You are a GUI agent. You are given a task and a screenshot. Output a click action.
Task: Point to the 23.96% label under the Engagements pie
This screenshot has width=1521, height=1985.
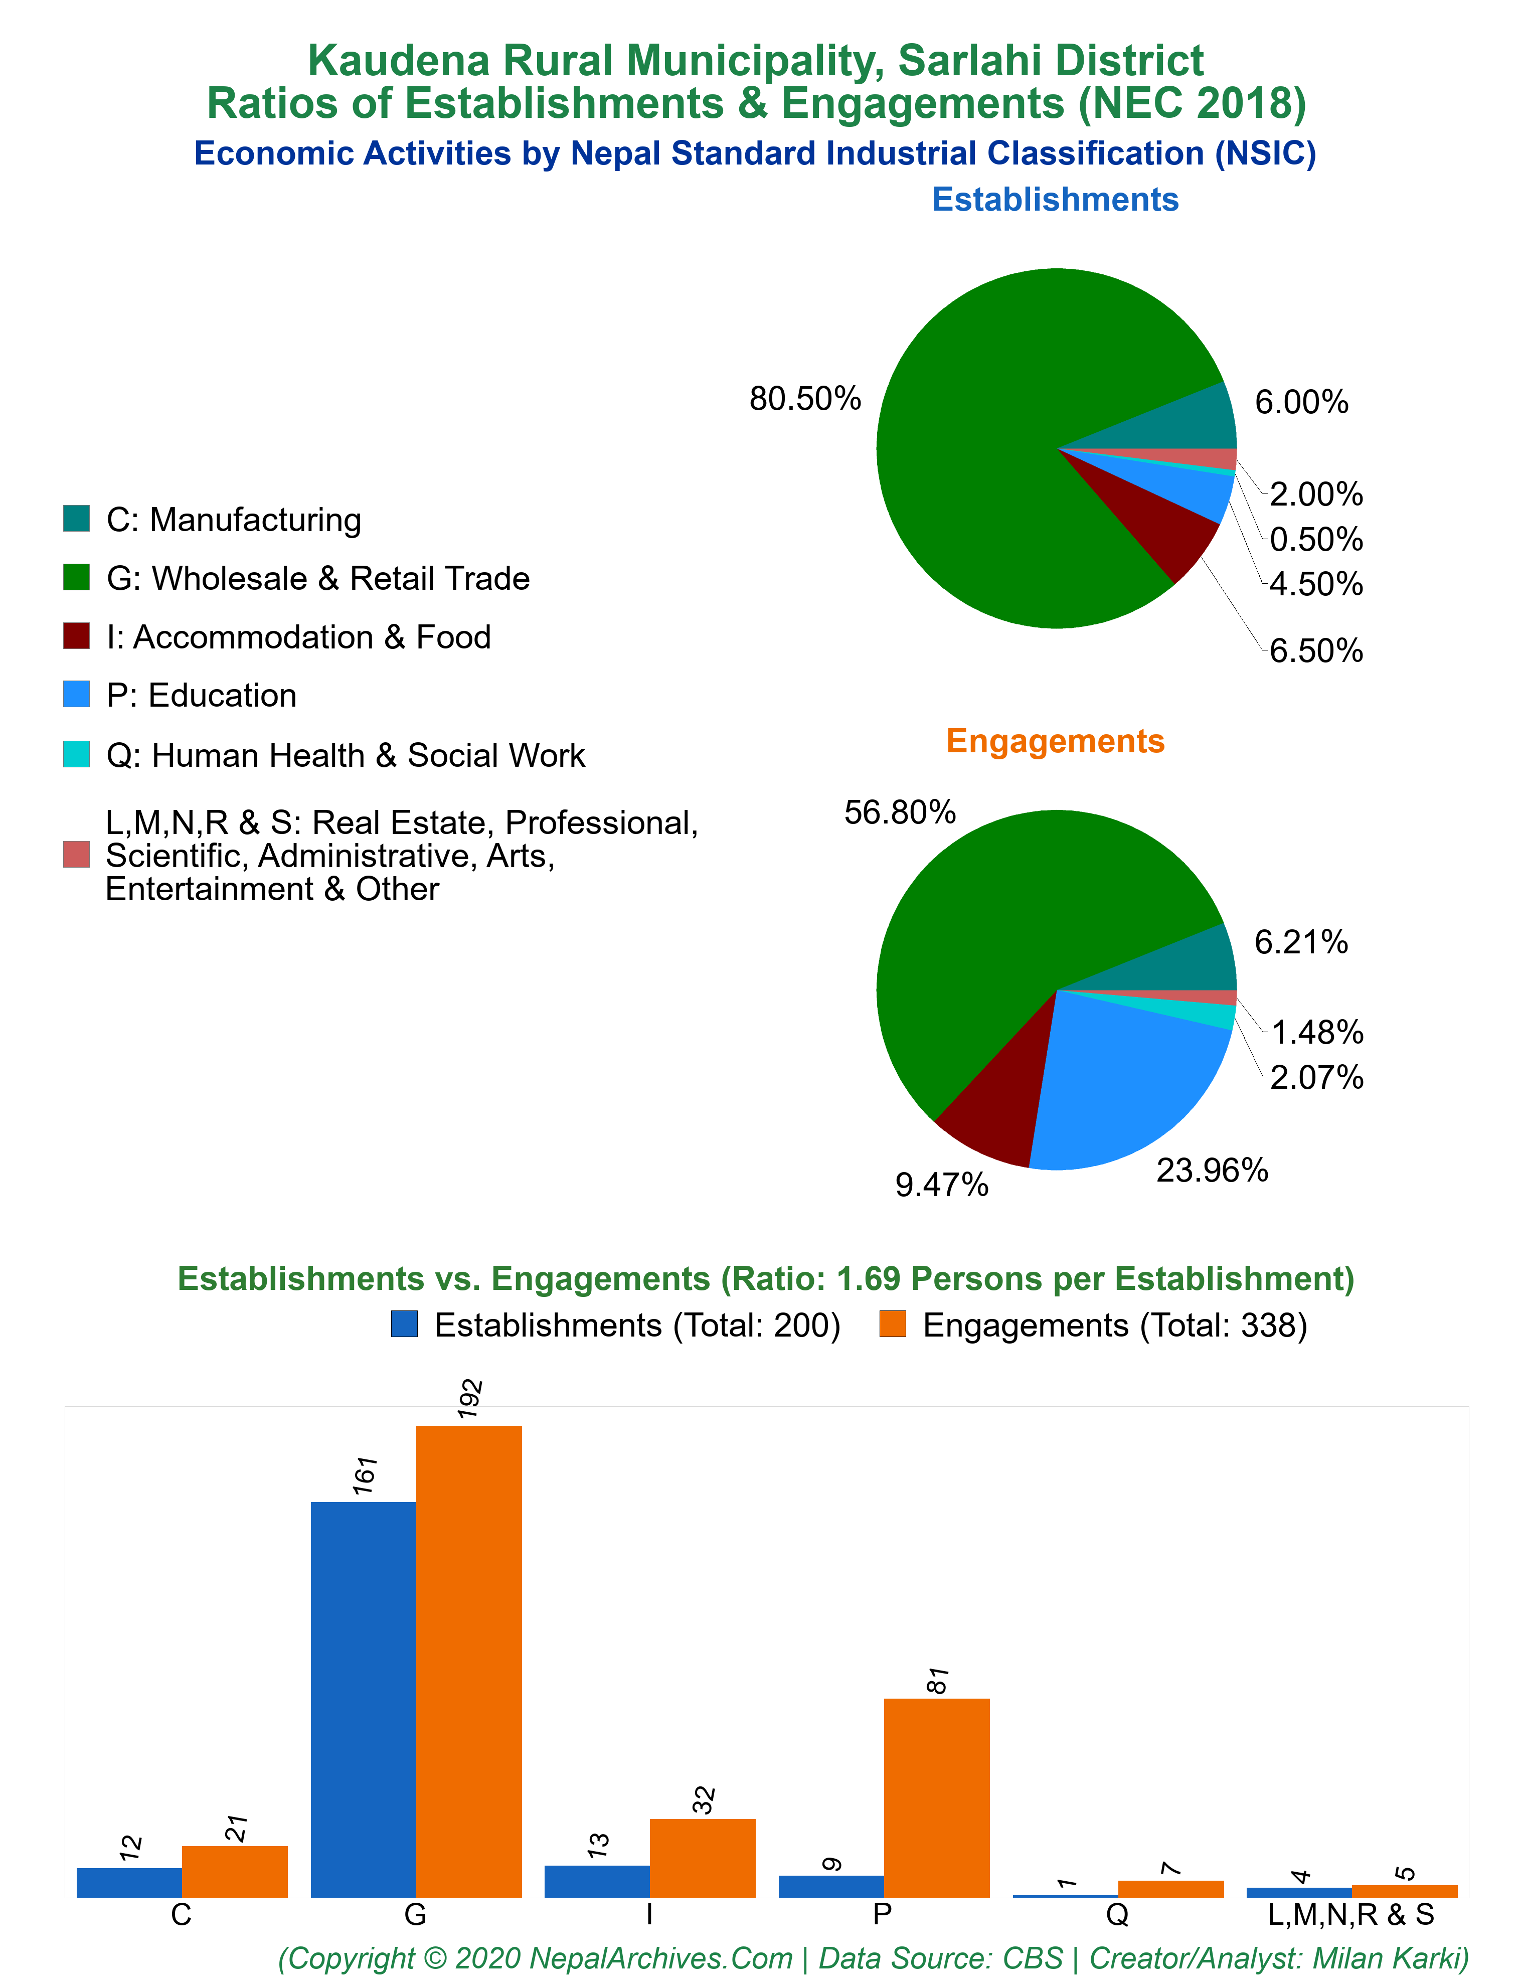pos(1212,1171)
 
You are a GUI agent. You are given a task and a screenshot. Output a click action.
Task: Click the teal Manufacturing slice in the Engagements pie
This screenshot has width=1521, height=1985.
pos(1186,964)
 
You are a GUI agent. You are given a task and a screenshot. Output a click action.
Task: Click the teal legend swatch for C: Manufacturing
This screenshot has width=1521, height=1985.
pos(76,519)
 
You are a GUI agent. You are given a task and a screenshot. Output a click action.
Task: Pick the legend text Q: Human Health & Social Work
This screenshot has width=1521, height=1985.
pos(346,755)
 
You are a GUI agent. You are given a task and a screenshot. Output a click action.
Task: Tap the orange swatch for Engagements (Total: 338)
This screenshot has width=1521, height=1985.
pos(893,1324)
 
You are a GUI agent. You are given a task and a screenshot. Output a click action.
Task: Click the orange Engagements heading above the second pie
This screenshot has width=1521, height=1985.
pos(1056,740)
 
